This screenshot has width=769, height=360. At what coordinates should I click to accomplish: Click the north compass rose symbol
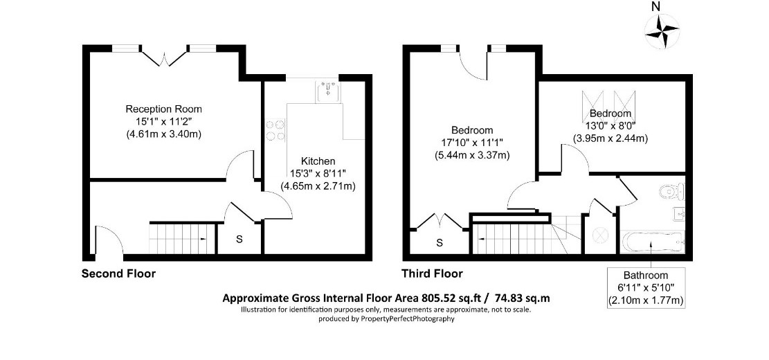[x=662, y=31]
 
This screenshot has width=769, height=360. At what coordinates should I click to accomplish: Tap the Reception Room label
[x=164, y=109]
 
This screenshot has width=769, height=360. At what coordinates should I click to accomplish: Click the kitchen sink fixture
[x=327, y=91]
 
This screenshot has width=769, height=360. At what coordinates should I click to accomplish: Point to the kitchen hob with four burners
[x=275, y=130]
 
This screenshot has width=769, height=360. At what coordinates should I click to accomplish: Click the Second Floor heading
[x=118, y=273]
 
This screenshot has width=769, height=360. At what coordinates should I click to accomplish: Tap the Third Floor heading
[x=432, y=273]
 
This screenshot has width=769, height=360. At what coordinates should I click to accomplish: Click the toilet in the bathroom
[x=671, y=191]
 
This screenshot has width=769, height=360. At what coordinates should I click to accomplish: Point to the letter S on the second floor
[x=239, y=240]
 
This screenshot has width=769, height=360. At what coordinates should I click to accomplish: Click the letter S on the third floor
[x=440, y=242]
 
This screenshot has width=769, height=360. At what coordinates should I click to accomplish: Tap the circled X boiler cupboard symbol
[x=599, y=235]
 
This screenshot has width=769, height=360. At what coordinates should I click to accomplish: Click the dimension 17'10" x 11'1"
[x=472, y=143]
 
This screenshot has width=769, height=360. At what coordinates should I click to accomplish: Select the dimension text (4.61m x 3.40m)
[x=164, y=133]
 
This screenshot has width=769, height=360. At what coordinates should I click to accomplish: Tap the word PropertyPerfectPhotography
[x=408, y=318]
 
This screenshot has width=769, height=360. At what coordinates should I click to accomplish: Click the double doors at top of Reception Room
[x=165, y=57]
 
